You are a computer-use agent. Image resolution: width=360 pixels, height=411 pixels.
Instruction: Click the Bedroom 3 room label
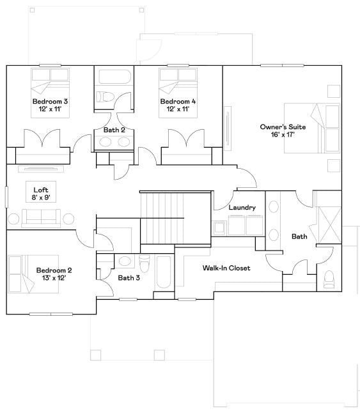click(50, 102)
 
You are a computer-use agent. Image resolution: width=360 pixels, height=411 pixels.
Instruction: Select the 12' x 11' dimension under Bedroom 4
click(178, 110)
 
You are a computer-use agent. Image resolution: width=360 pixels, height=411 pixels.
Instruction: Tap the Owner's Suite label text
click(282, 127)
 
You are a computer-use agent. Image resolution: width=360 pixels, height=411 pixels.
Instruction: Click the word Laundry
click(242, 208)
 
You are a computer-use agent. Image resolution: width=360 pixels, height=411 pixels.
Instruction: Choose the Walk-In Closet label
click(226, 268)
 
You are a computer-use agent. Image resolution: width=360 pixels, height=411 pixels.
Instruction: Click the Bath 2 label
click(114, 130)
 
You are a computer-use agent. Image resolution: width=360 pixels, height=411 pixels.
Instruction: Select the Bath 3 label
click(129, 277)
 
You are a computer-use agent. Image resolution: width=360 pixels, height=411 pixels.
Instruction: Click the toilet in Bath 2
click(106, 97)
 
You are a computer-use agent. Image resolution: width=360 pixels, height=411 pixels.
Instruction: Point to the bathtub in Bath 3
click(162, 272)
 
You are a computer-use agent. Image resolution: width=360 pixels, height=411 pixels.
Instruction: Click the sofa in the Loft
click(42, 219)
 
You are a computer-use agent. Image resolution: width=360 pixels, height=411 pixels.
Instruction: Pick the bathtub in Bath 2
click(114, 78)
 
